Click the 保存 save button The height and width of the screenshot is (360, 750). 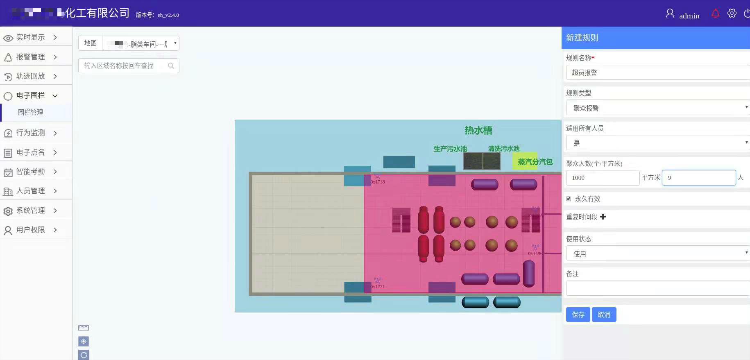point(578,315)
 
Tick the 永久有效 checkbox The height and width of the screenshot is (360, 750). point(569,199)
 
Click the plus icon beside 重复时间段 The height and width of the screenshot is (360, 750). point(603,217)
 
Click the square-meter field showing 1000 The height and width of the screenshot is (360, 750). point(602,178)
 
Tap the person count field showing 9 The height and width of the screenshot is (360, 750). point(699,178)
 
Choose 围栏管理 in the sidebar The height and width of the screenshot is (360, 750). point(31,112)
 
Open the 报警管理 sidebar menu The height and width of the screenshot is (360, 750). point(31,57)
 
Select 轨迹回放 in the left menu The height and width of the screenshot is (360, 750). point(31,76)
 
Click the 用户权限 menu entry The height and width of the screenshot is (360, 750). point(31,230)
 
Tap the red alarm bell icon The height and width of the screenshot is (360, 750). point(715,14)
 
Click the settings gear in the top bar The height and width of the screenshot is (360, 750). point(732,14)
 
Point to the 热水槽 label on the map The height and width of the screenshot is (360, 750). point(478,130)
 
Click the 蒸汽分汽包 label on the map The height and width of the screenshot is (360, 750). point(535,162)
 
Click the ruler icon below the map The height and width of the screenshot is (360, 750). point(84,328)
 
